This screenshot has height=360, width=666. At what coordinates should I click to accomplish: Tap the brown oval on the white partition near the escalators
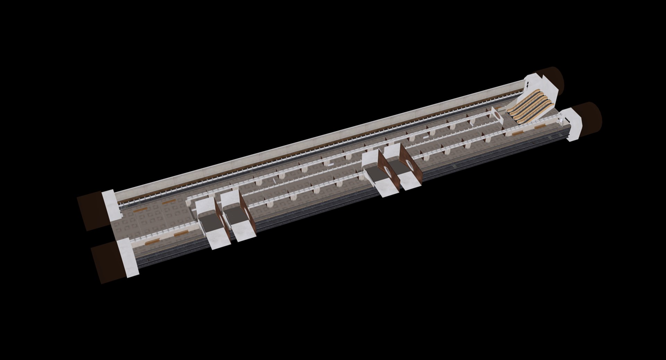click(497, 114)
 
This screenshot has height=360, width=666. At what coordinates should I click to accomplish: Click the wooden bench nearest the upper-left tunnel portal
click(142, 209)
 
